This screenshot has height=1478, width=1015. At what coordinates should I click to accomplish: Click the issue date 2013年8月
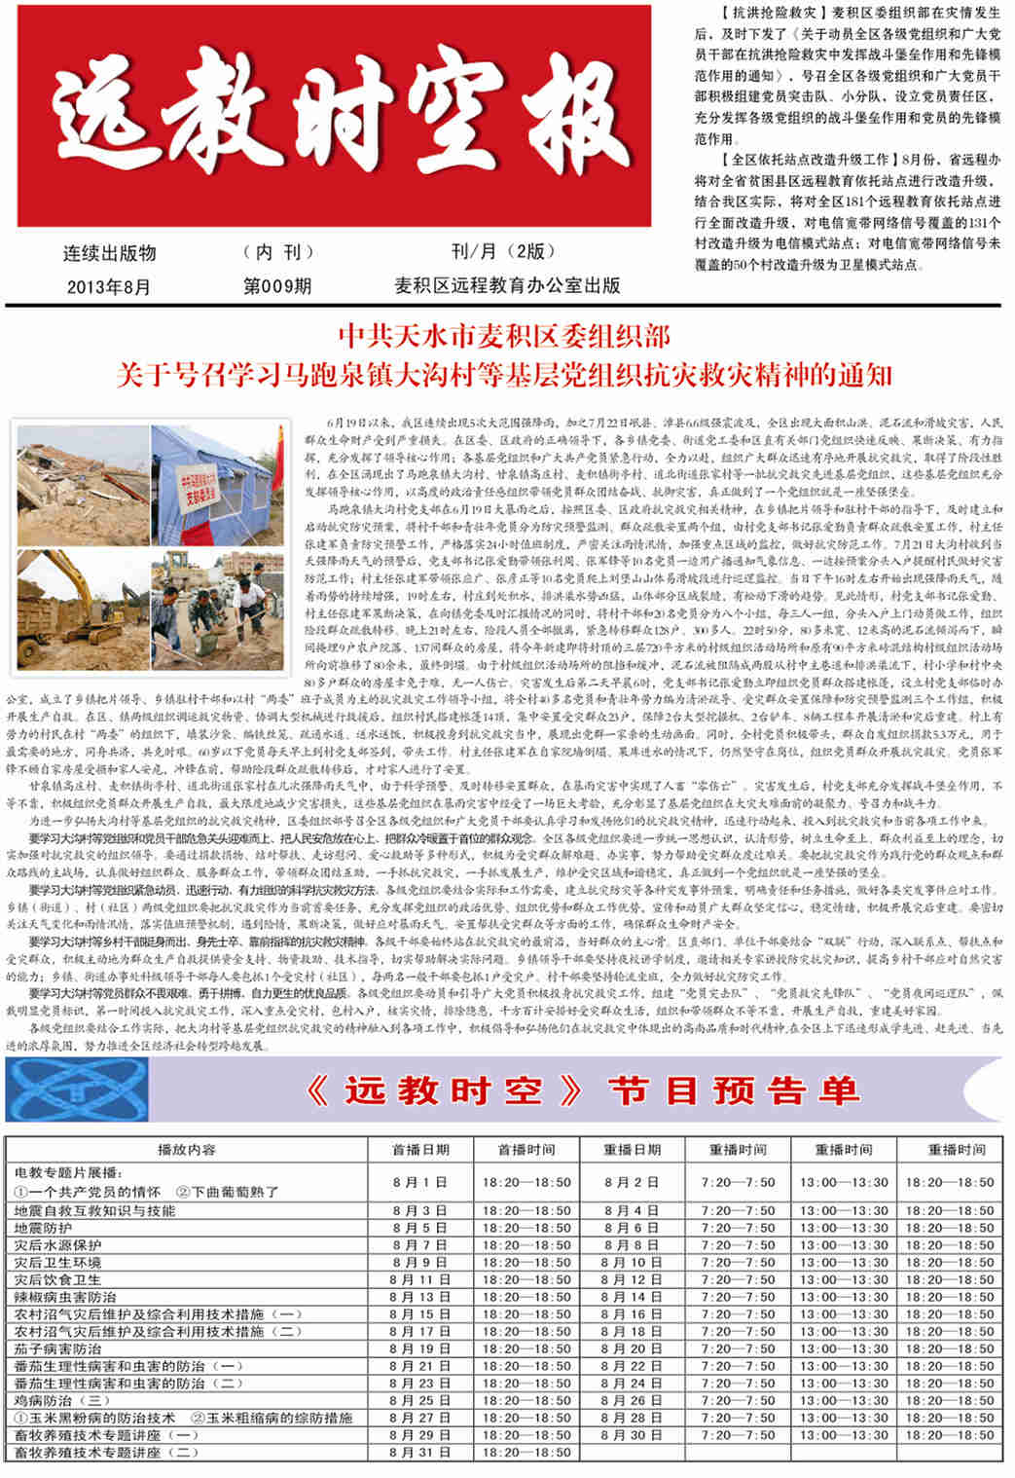(109, 286)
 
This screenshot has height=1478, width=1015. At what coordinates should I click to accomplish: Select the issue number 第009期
(277, 286)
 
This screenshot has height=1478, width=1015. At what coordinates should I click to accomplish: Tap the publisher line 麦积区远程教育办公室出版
(507, 285)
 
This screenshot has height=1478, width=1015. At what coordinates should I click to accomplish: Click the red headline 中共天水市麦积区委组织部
(504, 337)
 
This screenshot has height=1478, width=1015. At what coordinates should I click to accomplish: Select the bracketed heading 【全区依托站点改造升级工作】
(804, 160)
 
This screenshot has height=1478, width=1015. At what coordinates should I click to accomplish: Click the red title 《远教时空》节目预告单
(581, 1091)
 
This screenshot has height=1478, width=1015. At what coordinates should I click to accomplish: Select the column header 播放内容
(186, 1149)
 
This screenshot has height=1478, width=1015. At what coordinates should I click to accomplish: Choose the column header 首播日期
(420, 1149)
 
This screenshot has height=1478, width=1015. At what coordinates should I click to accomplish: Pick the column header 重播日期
(632, 1149)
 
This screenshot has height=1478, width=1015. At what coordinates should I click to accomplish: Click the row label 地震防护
(44, 1228)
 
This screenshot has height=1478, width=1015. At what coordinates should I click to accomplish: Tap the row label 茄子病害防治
(58, 1349)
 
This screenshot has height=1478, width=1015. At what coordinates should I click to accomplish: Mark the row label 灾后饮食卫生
(58, 1279)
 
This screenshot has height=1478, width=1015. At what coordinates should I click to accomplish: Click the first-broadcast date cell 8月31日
(420, 1452)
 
